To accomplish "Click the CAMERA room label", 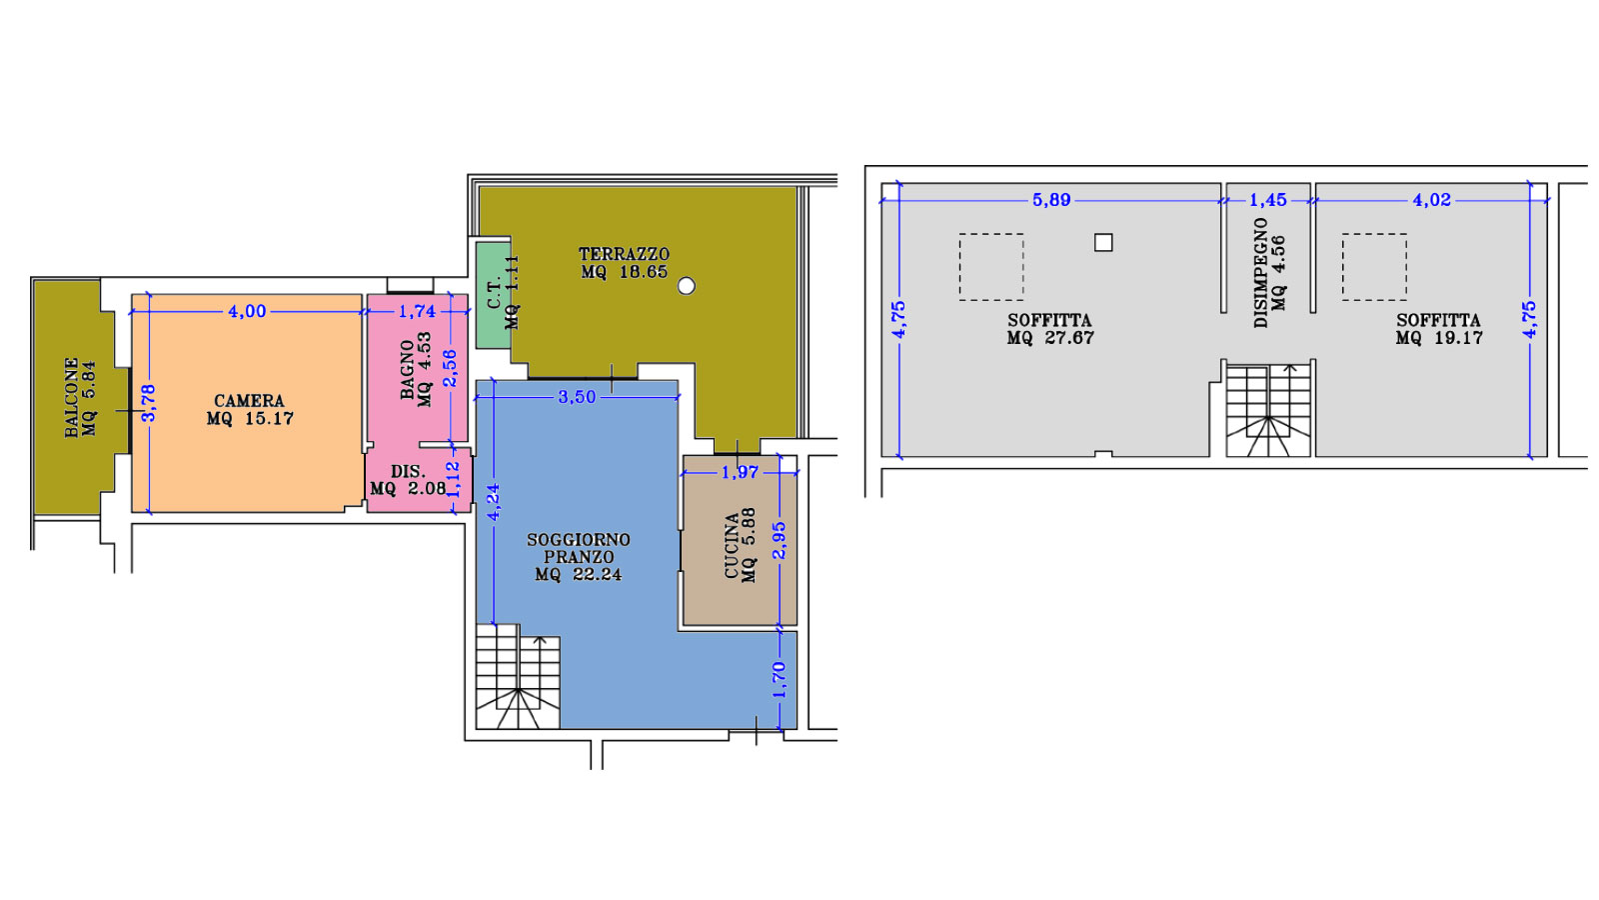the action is click(x=249, y=401).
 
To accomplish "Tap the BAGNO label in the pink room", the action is click(x=407, y=370).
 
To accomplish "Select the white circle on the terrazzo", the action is click(x=686, y=286).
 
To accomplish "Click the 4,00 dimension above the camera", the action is click(x=247, y=311).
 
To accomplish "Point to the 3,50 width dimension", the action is click(x=576, y=397).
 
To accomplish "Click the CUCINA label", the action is click(x=732, y=546).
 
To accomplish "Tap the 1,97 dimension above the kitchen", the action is click(x=740, y=472).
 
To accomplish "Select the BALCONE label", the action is click(x=71, y=397).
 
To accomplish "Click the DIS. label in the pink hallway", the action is click(x=409, y=472).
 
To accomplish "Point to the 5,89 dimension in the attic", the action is click(x=1051, y=200).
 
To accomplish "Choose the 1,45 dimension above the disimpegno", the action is click(x=1268, y=200).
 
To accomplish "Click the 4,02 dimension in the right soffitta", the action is click(x=1432, y=200).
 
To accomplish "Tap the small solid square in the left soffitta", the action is click(x=1103, y=243).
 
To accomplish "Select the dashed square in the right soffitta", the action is click(x=1374, y=267).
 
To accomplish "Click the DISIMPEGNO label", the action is click(x=1260, y=273).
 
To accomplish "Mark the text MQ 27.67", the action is click(x=1050, y=338).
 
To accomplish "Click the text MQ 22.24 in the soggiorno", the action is click(x=579, y=574).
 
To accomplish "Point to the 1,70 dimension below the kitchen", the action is click(x=779, y=680).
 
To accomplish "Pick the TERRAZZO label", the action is click(x=624, y=254).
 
